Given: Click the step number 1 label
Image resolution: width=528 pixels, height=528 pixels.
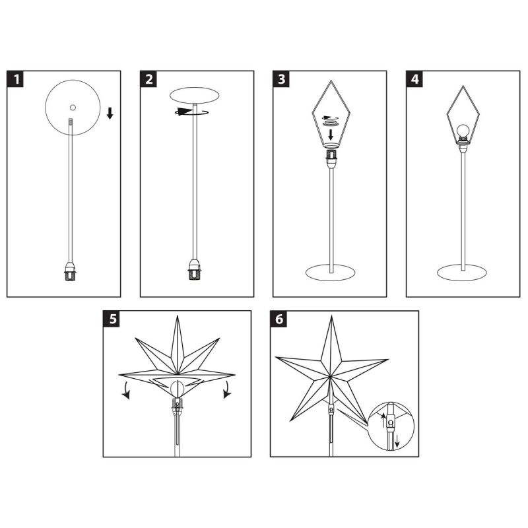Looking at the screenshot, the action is click(x=15, y=79).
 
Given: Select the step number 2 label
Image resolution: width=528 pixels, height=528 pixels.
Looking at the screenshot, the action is click(x=148, y=79).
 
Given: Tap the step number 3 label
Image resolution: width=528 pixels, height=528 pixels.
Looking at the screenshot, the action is click(x=281, y=79).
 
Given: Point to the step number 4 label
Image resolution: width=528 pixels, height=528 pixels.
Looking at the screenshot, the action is click(x=414, y=79).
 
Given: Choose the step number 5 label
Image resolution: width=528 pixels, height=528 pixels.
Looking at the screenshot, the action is click(x=112, y=319).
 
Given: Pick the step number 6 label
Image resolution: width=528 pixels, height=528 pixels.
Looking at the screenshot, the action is click(x=279, y=319).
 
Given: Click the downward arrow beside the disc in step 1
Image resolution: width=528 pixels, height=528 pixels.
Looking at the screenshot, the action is click(x=110, y=113).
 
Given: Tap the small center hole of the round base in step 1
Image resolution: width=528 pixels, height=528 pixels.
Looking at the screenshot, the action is click(x=73, y=108).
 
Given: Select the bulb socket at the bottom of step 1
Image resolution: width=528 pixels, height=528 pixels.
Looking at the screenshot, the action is click(x=70, y=271).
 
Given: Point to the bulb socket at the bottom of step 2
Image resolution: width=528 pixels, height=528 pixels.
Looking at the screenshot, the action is click(x=195, y=269).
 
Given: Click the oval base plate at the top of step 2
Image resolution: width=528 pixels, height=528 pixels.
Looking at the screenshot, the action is click(x=195, y=95).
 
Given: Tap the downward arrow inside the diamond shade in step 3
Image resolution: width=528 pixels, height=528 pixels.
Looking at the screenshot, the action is click(x=331, y=135).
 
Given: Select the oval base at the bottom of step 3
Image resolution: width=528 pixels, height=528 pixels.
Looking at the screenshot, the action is click(x=331, y=273).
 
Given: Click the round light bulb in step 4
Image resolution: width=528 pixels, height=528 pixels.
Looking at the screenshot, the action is click(x=463, y=130).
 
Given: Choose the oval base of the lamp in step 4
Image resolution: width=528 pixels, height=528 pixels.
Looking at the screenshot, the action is click(x=462, y=273).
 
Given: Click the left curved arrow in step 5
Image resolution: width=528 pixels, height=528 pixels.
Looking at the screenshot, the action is click(x=125, y=391).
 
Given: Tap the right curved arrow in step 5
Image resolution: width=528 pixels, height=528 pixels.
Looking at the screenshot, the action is click(x=228, y=390).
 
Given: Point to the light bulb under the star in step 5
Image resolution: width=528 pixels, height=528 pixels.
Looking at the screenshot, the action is click(x=177, y=389).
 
